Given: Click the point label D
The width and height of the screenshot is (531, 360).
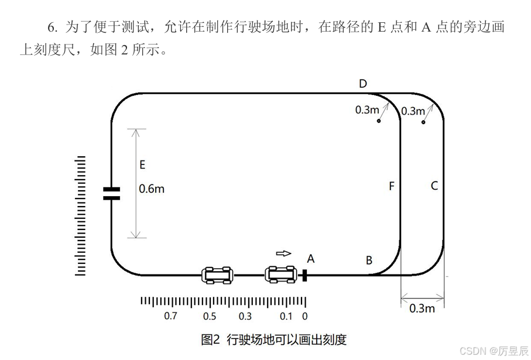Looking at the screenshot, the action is [x=363, y=84].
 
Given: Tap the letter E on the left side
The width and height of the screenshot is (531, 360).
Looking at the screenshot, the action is [x=142, y=165].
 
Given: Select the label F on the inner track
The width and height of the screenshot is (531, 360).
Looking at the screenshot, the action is [x=392, y=186].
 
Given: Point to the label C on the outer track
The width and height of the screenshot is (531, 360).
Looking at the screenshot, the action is [x=434, y=186].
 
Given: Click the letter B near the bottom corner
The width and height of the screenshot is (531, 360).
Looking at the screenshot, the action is [x=369, y=260].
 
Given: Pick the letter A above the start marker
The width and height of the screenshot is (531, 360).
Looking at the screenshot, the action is [x=311, y=258].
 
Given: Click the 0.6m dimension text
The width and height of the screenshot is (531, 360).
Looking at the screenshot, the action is [x=152, y=189].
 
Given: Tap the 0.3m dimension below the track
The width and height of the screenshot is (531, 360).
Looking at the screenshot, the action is [x=422, y=308].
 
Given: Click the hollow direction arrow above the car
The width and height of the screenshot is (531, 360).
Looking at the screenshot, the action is [x=283, y=253].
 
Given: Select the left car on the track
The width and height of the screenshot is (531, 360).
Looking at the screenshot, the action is [x=217, y=274].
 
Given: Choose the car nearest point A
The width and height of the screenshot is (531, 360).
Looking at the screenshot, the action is [x=281, y=273].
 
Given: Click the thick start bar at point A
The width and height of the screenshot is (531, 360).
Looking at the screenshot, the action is [x=304, y=275].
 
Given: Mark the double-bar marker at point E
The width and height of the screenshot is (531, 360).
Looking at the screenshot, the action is [x=111, y=194].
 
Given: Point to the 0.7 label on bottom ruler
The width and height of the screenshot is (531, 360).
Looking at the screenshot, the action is [x=170, y=316].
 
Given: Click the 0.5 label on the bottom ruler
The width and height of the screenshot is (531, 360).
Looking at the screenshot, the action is [x=209, y=316].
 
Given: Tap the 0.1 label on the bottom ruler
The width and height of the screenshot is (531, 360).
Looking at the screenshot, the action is [x=285, y=316].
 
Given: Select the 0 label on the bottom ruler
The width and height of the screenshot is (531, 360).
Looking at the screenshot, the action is [x=304, y=316].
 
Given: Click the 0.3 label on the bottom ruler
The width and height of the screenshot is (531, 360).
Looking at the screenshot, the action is [x=245, y=316].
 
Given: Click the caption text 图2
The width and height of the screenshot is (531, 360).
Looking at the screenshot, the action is [x=210, y=340].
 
